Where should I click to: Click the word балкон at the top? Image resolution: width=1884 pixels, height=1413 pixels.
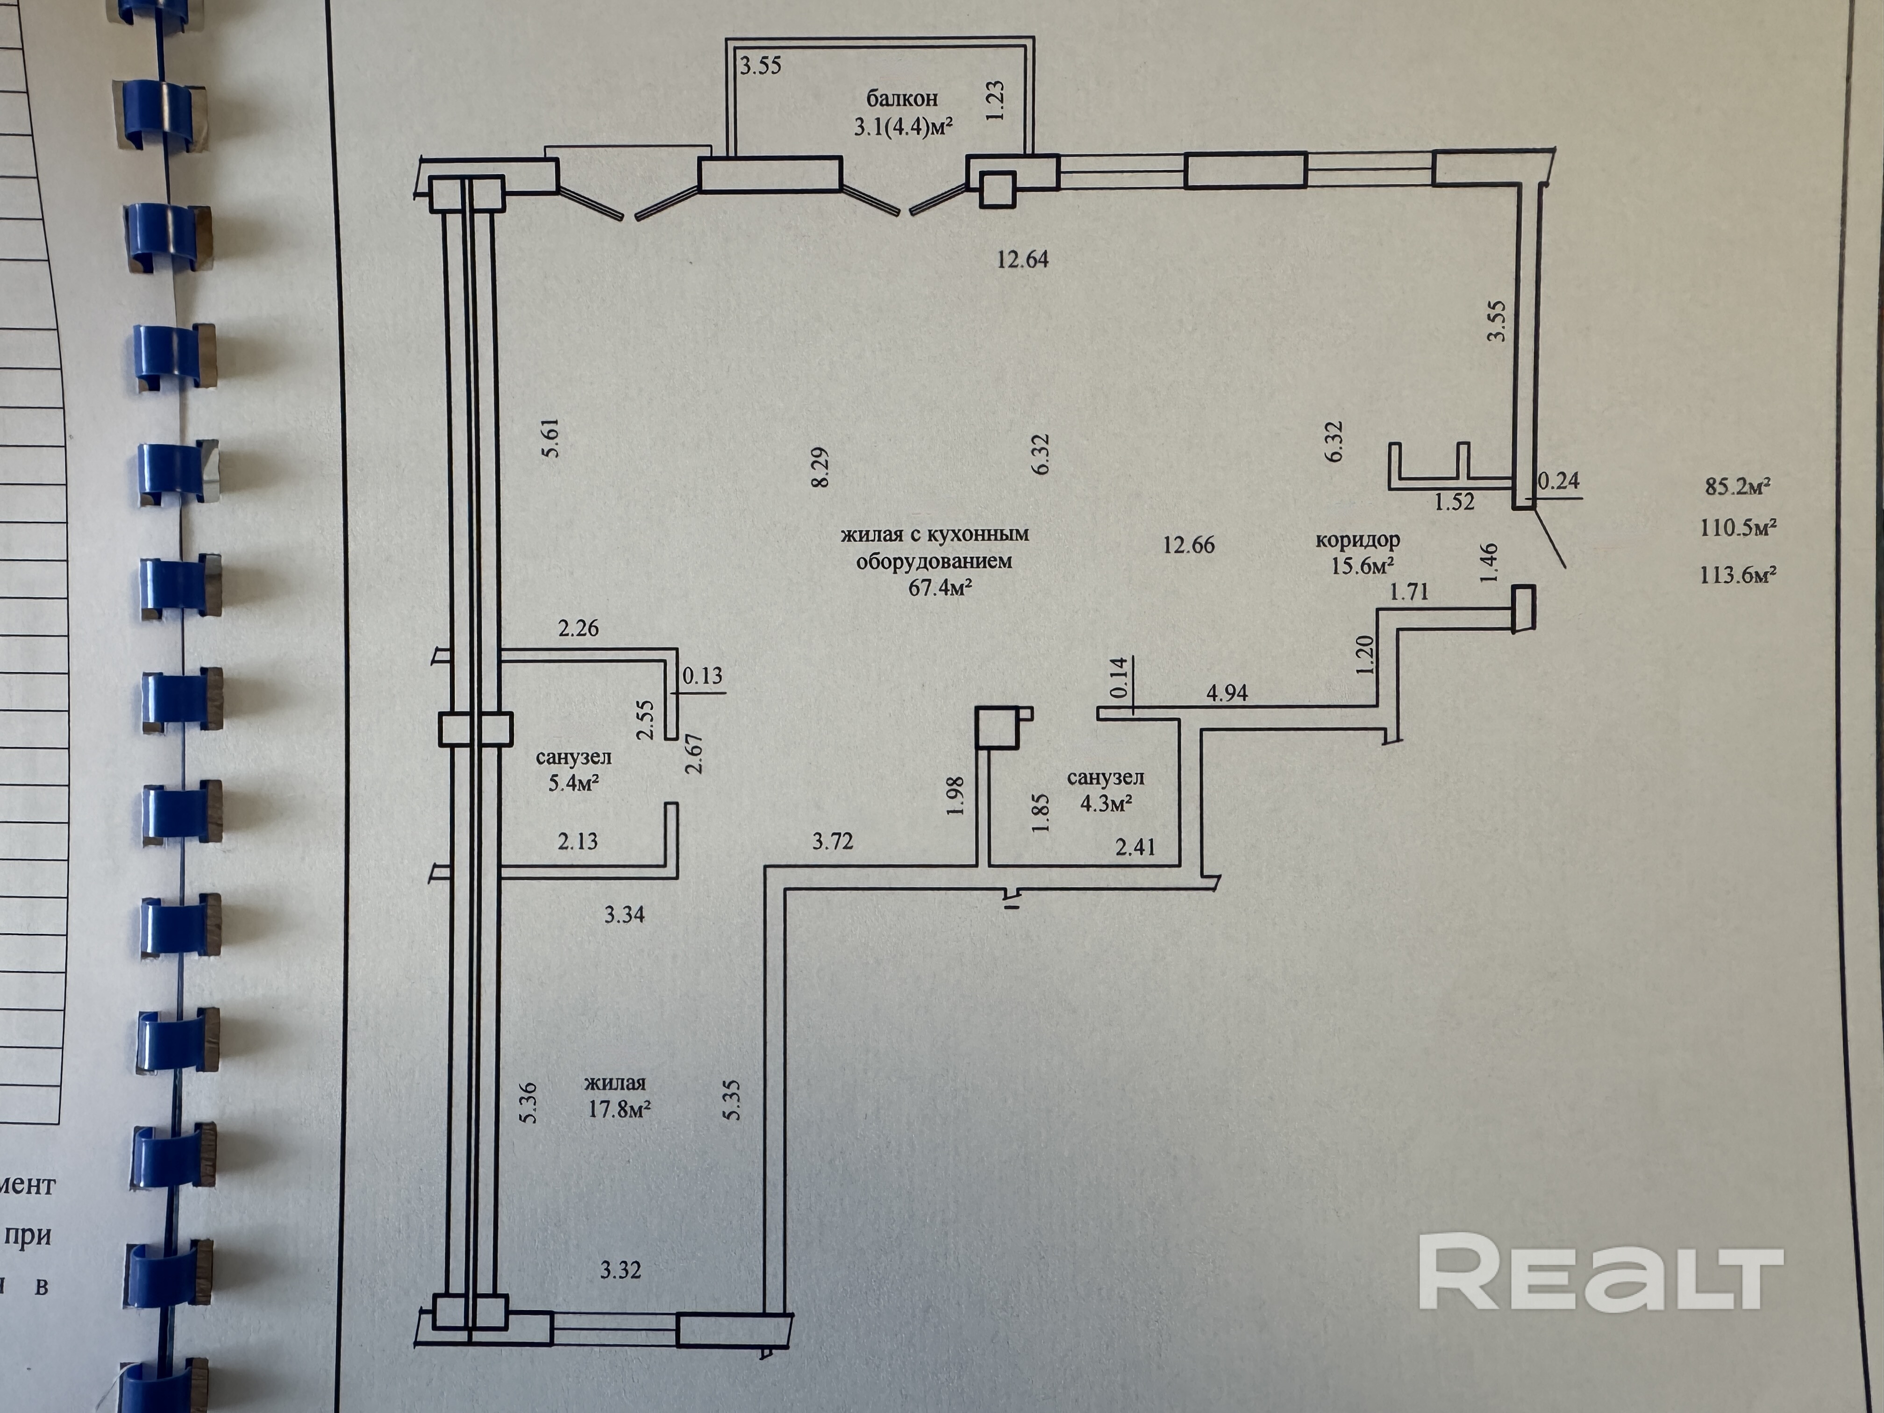(902, 98)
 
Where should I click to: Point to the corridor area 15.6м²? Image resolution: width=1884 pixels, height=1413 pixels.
(1363, 565)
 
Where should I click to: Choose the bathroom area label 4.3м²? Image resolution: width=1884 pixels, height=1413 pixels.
(1106, 803)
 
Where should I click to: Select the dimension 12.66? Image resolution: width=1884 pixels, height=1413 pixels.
(1188, 545)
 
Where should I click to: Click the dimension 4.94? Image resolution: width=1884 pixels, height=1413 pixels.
(1227, 693)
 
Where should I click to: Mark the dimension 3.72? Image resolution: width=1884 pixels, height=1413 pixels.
(832, 842)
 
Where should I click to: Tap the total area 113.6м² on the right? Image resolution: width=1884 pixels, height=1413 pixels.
(1737, 575)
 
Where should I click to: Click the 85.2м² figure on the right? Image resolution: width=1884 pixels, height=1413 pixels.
(1737, 486)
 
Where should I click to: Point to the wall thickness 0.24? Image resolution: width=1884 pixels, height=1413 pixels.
(1558, 481)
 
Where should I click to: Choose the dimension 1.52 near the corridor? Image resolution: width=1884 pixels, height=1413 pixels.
(1454, 502)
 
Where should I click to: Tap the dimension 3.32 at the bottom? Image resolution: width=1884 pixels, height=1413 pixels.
(620, 1270)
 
